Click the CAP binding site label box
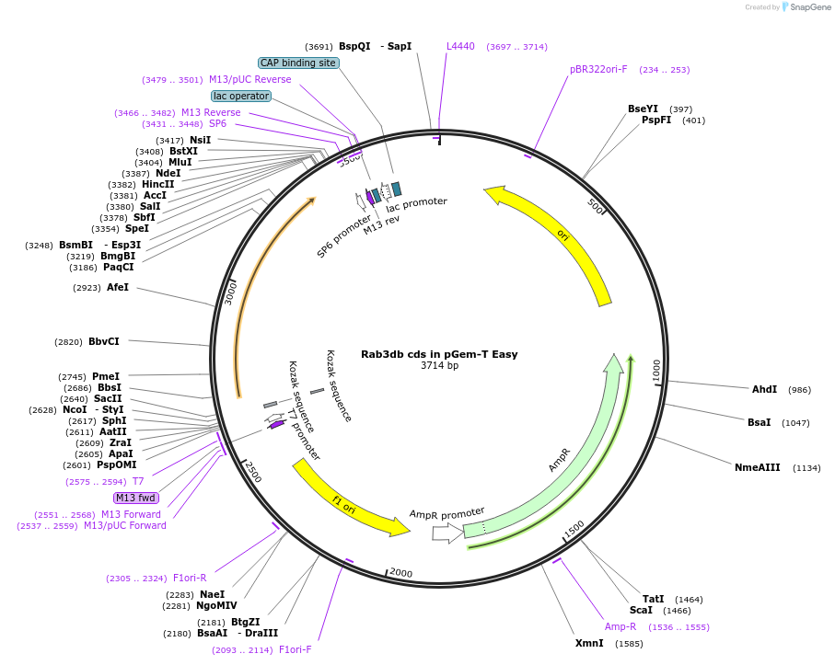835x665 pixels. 298,63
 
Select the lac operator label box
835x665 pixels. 240,96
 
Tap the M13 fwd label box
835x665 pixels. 134,498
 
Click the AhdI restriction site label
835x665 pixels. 764,389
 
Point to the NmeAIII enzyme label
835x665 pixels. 757,467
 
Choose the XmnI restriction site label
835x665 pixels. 589,643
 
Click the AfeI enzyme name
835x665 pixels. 118,287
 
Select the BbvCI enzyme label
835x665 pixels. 103,342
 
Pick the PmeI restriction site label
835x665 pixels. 106,376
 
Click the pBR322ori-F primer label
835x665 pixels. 598,69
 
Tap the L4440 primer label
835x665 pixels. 460,46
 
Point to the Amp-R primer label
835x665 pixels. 620,626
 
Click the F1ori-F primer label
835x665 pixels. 295,649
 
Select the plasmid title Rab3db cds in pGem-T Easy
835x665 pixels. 439,354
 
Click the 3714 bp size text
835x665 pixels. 439,366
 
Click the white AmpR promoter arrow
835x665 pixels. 446,532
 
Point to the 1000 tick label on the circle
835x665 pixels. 656,370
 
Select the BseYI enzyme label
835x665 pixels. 644,109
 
